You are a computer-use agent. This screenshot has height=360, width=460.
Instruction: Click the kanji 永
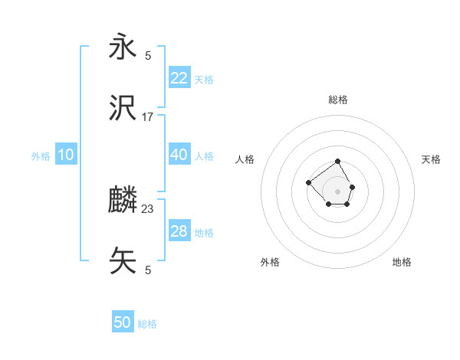[x=123, y=47]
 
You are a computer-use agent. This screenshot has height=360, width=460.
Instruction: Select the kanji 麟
[x=123, y=201]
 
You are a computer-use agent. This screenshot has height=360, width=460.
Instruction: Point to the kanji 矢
[x=123, y=261]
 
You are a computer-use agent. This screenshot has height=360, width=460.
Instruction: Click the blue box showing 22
[x=179, y=77]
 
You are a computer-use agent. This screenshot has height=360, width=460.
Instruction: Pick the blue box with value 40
[x=179, y=155]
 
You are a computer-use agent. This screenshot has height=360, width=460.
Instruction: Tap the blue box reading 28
[x=179, y=231]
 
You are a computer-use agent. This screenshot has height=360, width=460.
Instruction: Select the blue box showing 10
[x=66, y=155]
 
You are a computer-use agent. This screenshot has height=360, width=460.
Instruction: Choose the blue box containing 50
[x=123, y=322]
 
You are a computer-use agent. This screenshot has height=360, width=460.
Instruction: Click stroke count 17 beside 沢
[x=148, y=117]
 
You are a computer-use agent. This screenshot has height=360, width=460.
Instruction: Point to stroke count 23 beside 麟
[x=148, y=208]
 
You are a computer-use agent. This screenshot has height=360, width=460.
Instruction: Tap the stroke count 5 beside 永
[x=148, y=55]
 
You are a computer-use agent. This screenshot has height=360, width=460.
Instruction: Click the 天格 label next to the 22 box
[x=204, y=79]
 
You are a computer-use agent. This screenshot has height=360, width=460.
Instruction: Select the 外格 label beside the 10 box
[x=41, y=155]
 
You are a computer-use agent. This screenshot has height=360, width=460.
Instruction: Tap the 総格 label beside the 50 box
[x=147, y=324]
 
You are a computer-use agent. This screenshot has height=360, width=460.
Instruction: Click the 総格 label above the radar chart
[x=337, y=100]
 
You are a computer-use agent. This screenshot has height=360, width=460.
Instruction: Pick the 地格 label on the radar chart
[x=402, y=262]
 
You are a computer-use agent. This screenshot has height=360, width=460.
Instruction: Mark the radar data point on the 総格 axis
[x=337, y=162]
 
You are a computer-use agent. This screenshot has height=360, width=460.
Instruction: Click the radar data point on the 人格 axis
[x=308, y=182]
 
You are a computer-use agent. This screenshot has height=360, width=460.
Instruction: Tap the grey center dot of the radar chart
[x=337, y=191]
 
